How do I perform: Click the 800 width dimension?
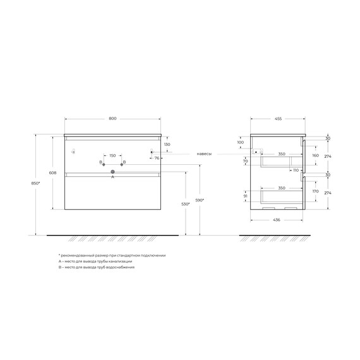point(112,119)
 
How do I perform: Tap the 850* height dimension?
point(35,183)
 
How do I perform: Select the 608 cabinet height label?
point(52,172)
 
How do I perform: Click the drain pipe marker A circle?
point(112,172)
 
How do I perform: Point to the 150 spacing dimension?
point(112,155)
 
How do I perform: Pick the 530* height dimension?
point(185,204)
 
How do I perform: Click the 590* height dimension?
point(200,200)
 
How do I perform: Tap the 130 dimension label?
point(167,145)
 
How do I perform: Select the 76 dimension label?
point(157,158)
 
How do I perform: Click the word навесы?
point(204,154)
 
